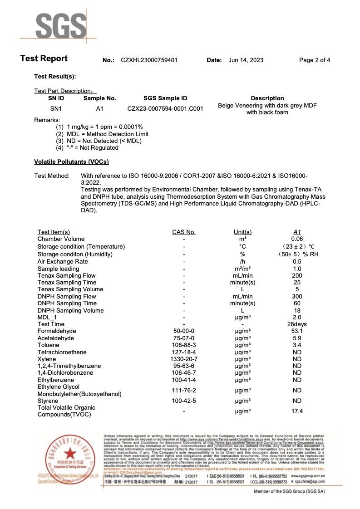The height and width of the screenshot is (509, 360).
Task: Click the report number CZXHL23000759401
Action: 149,60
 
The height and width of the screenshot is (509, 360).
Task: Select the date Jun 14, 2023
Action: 246,60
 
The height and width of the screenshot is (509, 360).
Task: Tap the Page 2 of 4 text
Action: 315,60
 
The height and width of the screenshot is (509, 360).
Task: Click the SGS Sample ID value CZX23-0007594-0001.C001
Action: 165,109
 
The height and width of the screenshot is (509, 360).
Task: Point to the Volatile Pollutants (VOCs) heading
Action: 71,162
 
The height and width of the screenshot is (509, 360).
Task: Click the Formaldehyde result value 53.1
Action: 297,331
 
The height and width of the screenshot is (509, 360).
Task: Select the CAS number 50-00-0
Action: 183,331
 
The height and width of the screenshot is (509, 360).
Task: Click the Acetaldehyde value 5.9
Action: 297,338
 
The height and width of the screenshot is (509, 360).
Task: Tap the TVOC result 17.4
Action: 297,411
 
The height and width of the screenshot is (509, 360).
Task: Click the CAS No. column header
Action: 183,232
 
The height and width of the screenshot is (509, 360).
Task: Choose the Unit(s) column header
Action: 242,232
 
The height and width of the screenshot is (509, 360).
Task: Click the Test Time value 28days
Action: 297,324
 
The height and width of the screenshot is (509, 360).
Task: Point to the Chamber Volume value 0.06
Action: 297,239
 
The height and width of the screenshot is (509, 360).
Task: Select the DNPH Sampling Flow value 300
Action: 297,296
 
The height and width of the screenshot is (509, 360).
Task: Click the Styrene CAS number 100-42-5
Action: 183,401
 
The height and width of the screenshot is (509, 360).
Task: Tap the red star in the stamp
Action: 69,453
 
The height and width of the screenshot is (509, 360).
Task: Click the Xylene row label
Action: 47,359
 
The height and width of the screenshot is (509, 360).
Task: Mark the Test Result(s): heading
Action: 55,76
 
